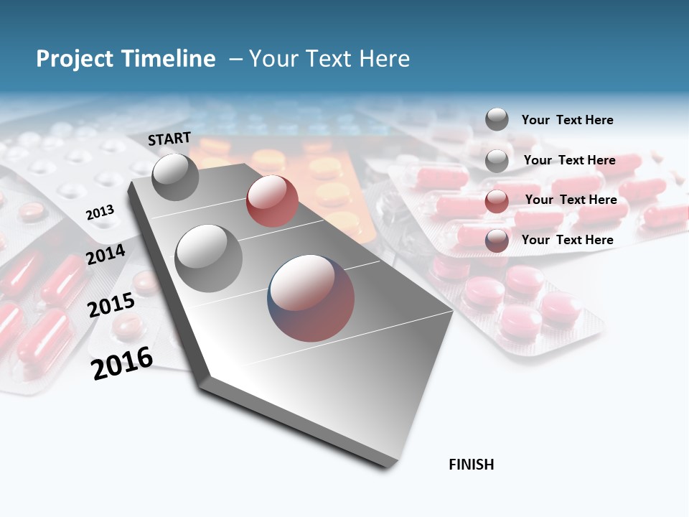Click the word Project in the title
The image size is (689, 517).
73,59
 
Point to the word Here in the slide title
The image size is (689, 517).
384,59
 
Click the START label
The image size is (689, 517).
169,139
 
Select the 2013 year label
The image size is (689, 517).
100,213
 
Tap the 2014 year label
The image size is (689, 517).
106,254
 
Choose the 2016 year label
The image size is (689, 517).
122,363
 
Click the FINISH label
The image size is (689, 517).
471,465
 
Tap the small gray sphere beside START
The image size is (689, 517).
175,177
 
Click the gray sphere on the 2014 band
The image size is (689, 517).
209,258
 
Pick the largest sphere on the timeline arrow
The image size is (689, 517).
311,298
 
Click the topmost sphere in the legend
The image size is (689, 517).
497,119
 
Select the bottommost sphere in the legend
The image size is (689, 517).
497,241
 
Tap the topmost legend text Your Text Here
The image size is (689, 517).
567,120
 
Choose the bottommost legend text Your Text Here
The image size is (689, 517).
567,240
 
